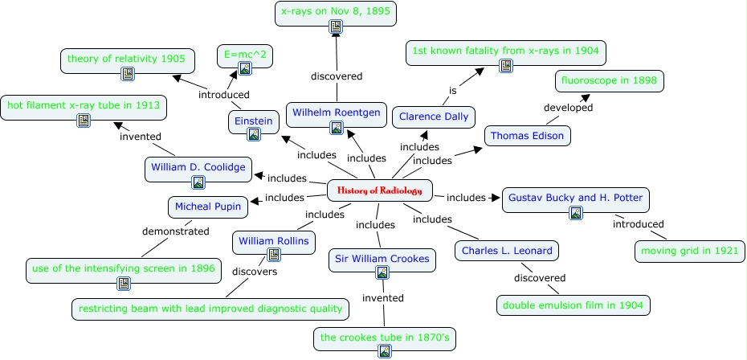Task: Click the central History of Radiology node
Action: [380, 190]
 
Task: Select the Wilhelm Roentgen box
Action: [337, 112]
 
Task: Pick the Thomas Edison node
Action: [528, 136]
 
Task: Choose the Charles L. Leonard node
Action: [506, 251]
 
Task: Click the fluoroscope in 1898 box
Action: [610, 81]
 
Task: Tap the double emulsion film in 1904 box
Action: [573, 305]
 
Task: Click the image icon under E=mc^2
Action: [246, 69]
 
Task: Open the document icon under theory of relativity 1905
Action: [127, 74]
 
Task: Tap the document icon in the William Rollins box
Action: [273, 254]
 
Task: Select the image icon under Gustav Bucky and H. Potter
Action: [575, 212]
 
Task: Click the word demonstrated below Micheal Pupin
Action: [176, 231]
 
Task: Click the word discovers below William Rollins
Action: [255, 272]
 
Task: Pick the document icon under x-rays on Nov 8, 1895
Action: [337, 28]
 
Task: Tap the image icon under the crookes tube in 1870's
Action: [384, 350]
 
